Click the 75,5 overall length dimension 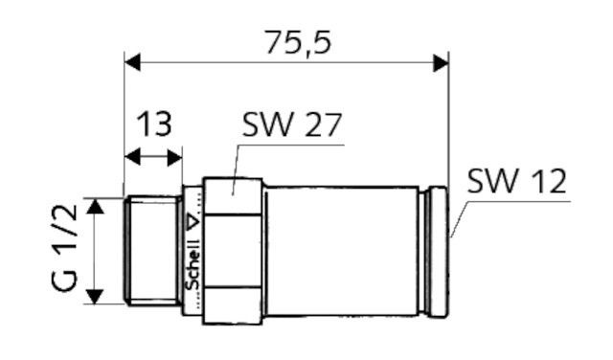point(298,42)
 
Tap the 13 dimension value point(153,124)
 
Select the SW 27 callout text point(291,125)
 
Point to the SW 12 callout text point(516,181)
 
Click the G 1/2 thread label point(64,249)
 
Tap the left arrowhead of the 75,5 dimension point(132,62)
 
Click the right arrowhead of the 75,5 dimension point(441,62)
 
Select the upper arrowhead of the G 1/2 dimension point(95,206)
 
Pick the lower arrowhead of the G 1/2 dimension point(95,297)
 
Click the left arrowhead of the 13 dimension point(132,157)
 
